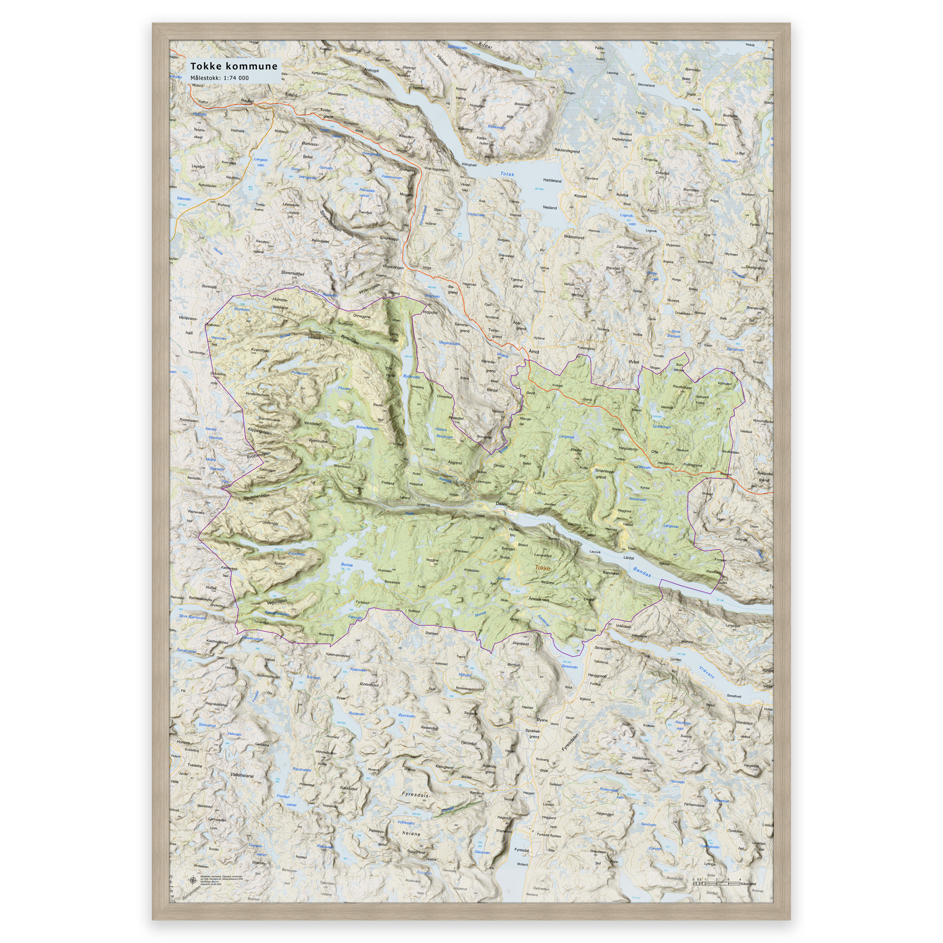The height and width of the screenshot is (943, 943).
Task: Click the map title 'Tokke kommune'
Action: [233, 66]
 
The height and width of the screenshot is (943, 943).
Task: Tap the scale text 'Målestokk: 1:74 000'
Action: [219, 78]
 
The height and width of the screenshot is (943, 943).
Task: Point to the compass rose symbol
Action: [192, 880]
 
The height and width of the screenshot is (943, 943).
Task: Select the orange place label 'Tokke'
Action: [542, 568]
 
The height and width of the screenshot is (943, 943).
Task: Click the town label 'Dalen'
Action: [502, 503]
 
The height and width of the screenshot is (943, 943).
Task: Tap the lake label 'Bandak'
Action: [642, 572]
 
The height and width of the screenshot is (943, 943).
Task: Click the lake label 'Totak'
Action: [507, 174]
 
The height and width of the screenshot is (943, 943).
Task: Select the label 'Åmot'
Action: [534, 351]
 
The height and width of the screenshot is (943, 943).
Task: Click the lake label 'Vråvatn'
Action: [706, 673]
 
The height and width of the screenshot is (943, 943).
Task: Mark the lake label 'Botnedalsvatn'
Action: [367, 428]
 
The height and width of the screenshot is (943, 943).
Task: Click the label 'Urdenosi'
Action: [270, 523]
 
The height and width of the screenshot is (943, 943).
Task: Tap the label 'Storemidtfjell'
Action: [292, 274]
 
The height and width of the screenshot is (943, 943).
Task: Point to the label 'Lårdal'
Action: [629, 558]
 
